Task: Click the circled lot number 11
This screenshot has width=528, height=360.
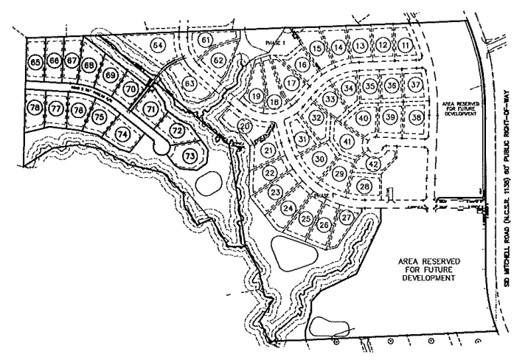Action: pos(406,45)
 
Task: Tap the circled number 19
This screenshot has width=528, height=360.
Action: pos(256,96)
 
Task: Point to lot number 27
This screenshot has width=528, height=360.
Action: pos(347,217)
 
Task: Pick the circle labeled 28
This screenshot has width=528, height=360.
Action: pos(364,187)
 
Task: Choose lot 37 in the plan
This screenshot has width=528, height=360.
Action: pos(417,85)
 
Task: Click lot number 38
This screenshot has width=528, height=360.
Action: pos(417,117)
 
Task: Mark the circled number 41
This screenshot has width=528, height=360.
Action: pos(347,140)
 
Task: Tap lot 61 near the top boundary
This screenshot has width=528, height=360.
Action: pos(206,39)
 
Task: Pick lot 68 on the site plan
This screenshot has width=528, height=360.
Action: pos(90,66)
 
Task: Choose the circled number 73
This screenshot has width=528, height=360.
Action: pos(190,156)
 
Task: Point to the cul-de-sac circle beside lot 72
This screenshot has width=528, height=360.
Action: pos(161,148)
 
